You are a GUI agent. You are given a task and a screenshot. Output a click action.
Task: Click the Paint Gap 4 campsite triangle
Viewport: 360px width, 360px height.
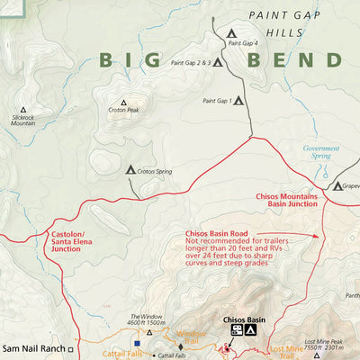[x=219, y=34]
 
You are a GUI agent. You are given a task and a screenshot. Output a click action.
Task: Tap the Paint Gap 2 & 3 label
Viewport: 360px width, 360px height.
[x=190, y=63]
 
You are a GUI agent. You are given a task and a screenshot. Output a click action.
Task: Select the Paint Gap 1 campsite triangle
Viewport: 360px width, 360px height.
[x=238, y=101]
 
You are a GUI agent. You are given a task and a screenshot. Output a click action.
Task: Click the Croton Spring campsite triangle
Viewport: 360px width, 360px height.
[x=130, y=169]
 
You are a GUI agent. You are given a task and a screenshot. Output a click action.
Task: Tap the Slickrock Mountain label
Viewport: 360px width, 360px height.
[x=23, y=119]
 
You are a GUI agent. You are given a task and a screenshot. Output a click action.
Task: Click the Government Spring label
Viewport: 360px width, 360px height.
[x=320, y=151]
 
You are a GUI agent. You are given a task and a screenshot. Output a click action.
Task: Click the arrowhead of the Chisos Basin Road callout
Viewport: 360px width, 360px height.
[x=319, y=236]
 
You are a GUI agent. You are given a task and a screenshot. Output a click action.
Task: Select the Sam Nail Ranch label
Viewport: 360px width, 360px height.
[x=31, y=346]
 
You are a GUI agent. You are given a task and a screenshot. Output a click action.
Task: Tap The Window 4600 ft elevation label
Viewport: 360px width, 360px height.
[x=147, y=319]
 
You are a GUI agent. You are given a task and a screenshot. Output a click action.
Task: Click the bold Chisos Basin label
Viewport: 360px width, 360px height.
[x=244, y=319]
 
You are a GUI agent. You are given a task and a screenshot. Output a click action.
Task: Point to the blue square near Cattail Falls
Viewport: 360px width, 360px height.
[x=137, y=343]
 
